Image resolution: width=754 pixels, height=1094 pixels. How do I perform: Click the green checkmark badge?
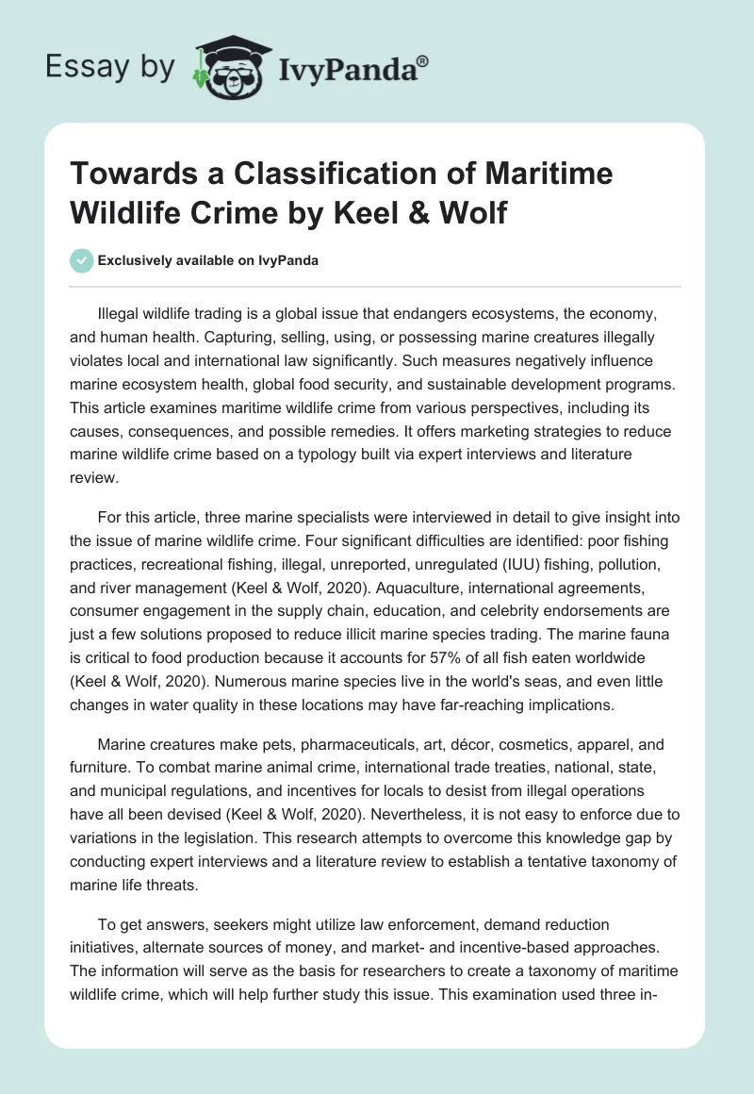click(x=82, y=261)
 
